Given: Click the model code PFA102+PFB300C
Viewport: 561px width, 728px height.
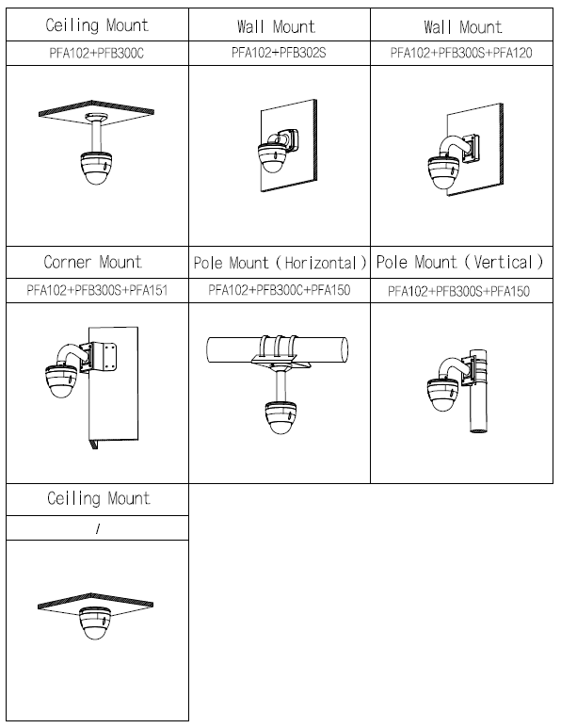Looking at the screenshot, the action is click(x=97, y=54).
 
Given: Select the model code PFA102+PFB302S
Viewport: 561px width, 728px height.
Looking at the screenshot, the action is click(x=279, y=53).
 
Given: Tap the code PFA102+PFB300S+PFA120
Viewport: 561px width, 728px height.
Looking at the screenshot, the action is click(x=461, y=53).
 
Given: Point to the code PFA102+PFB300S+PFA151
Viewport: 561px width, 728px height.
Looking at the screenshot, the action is click(x=97, y=291).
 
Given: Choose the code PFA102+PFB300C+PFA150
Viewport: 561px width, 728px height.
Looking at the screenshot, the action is click(x=279, y=290).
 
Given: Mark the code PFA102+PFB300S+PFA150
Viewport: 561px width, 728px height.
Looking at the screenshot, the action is click(x=458, y=291).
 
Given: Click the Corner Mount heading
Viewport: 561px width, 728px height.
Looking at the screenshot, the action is click(x=93, y=262).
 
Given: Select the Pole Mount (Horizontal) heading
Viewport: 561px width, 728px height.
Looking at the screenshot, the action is click(x=280, y=263).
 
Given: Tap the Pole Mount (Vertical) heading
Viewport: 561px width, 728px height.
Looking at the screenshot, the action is click(x=459, y=263).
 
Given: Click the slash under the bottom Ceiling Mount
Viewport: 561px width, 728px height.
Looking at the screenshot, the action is click(x=98, y=528).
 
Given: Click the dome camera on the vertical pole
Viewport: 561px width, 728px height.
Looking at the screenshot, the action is click(x=442, y=395).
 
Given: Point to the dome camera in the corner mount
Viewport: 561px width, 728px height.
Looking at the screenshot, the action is click(x=61, y=380).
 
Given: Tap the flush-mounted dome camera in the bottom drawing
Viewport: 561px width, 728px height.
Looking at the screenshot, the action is click(x=95, y=623).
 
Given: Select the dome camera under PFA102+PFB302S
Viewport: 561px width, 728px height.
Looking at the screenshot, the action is click(x=274, y=158).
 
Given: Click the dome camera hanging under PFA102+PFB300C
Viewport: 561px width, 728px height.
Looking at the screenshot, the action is click(x=97, y=168).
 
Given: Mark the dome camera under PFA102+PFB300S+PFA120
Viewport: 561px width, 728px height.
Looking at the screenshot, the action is click(x=443, y=172).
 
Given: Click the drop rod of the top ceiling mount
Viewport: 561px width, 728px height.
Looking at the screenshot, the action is click(x=97, y=137).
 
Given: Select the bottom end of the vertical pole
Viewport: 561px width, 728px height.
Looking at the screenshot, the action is click(x=478, y=429).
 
